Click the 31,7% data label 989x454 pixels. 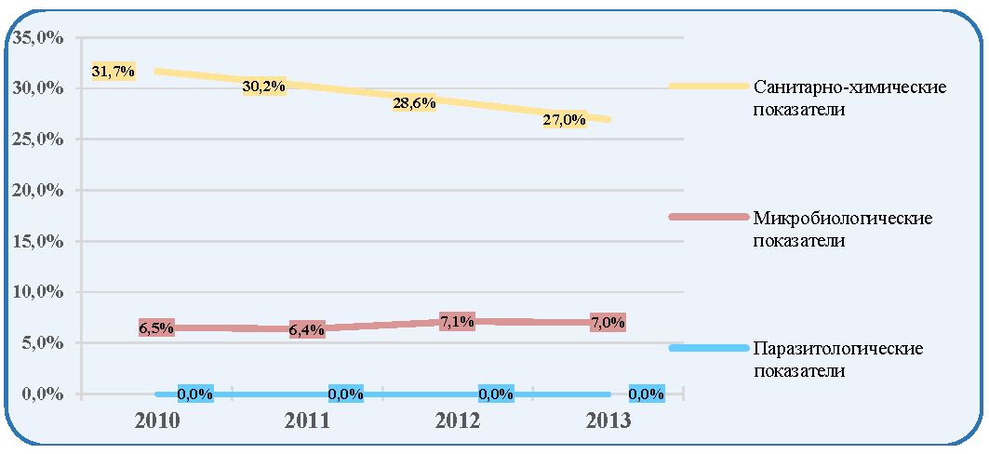pos(114,72)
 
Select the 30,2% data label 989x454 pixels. pos(264,87)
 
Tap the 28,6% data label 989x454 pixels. pos(414,103)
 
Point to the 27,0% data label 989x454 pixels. pos(565,120)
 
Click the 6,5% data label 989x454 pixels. pos(156,327)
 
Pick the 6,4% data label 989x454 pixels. pos(307,329)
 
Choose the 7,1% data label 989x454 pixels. pos(458,322)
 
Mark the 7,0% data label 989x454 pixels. pos(608,323)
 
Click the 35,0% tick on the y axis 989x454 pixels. pos(37,37)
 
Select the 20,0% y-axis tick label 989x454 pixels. pos(37,190)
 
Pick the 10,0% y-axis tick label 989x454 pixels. pos(37,292)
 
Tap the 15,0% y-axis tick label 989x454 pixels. pos(37,241)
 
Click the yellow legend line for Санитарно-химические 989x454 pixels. pos(709,86)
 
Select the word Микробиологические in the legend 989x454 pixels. pos(843,219)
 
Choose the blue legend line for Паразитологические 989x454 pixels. pos(709,348)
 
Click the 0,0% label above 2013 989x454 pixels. pos(647,394)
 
